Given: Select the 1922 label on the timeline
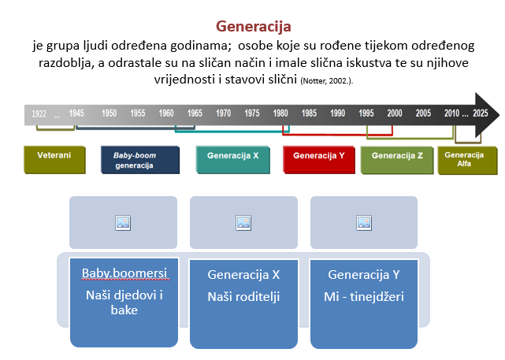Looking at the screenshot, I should point(39,113).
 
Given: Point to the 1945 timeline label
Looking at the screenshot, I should point(76,113).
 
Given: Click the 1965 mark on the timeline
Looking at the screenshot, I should point(195,113).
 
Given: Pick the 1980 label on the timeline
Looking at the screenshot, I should point(281,113).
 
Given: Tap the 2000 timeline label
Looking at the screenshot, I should point(395,113).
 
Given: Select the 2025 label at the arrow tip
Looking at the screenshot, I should point(481,113).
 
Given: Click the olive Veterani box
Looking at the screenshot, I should point(54,155).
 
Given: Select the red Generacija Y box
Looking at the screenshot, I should point(318,156).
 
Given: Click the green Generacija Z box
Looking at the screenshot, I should point(397,156).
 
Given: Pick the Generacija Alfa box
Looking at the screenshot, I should point(468,159).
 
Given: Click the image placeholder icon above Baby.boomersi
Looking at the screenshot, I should point(123,222).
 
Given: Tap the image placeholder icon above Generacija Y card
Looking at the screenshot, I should point(364,222).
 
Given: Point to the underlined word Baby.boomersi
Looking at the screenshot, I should point(123,274).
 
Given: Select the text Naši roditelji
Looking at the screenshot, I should point(243,297).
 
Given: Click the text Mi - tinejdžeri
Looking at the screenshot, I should point(364,297).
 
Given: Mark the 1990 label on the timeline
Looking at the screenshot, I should point(338,113).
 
